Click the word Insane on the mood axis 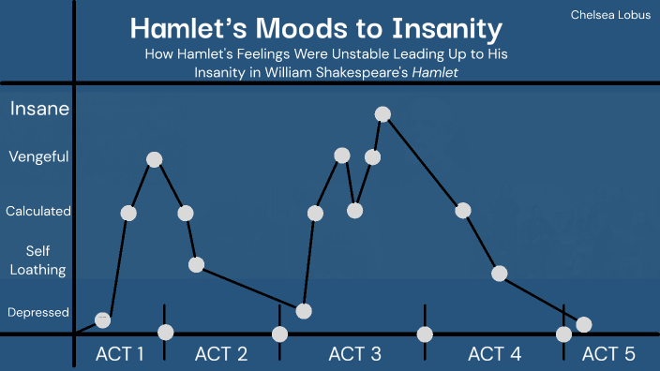[x=39, y=110]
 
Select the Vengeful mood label [x=38, y=156]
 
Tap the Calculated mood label [x=38, y=212]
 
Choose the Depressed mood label [x=38, y=312]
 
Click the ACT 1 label [x=120, y=354]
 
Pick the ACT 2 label [x=221, y=354]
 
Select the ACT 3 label [x=354, y=354]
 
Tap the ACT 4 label [x=494, y=354]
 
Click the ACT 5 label [x=608, y=354]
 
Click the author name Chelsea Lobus [x=609, y=16]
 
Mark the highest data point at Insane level [x=382, y=114]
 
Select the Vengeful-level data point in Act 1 [x=155, y=160]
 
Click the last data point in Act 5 [x=584, y=324]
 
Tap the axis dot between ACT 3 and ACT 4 [x=425, y=334]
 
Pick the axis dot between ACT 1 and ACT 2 [x=166, y=332]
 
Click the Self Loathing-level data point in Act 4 [x=499, y=274]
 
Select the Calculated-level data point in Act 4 [x=463, y=210]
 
